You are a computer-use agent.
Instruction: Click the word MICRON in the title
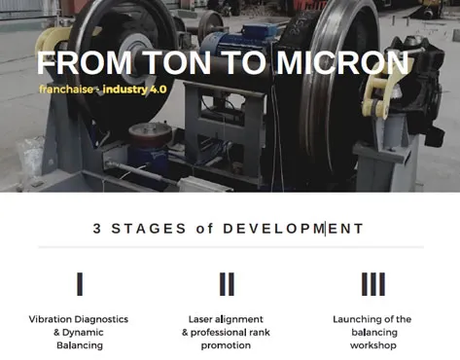[342, 62]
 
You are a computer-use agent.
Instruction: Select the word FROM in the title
[85, 62]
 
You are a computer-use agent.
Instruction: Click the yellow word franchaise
[66, 90]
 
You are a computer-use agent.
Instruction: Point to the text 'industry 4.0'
[134, 90]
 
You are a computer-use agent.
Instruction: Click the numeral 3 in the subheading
[97, 229]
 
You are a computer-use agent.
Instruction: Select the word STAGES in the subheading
[149, 229]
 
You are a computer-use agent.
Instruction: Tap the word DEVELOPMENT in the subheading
[293, 229]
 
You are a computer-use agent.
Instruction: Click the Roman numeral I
[80, 284]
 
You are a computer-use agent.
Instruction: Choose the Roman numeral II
[227, 284]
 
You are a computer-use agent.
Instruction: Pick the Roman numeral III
[373, 284]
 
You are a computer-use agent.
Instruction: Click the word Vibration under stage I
[49, 319]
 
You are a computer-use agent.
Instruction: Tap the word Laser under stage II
[200, 319]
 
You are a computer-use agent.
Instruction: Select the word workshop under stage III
[373, 345]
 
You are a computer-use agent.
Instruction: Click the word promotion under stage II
[226, 345]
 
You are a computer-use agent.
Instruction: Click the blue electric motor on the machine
[239, 40]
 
